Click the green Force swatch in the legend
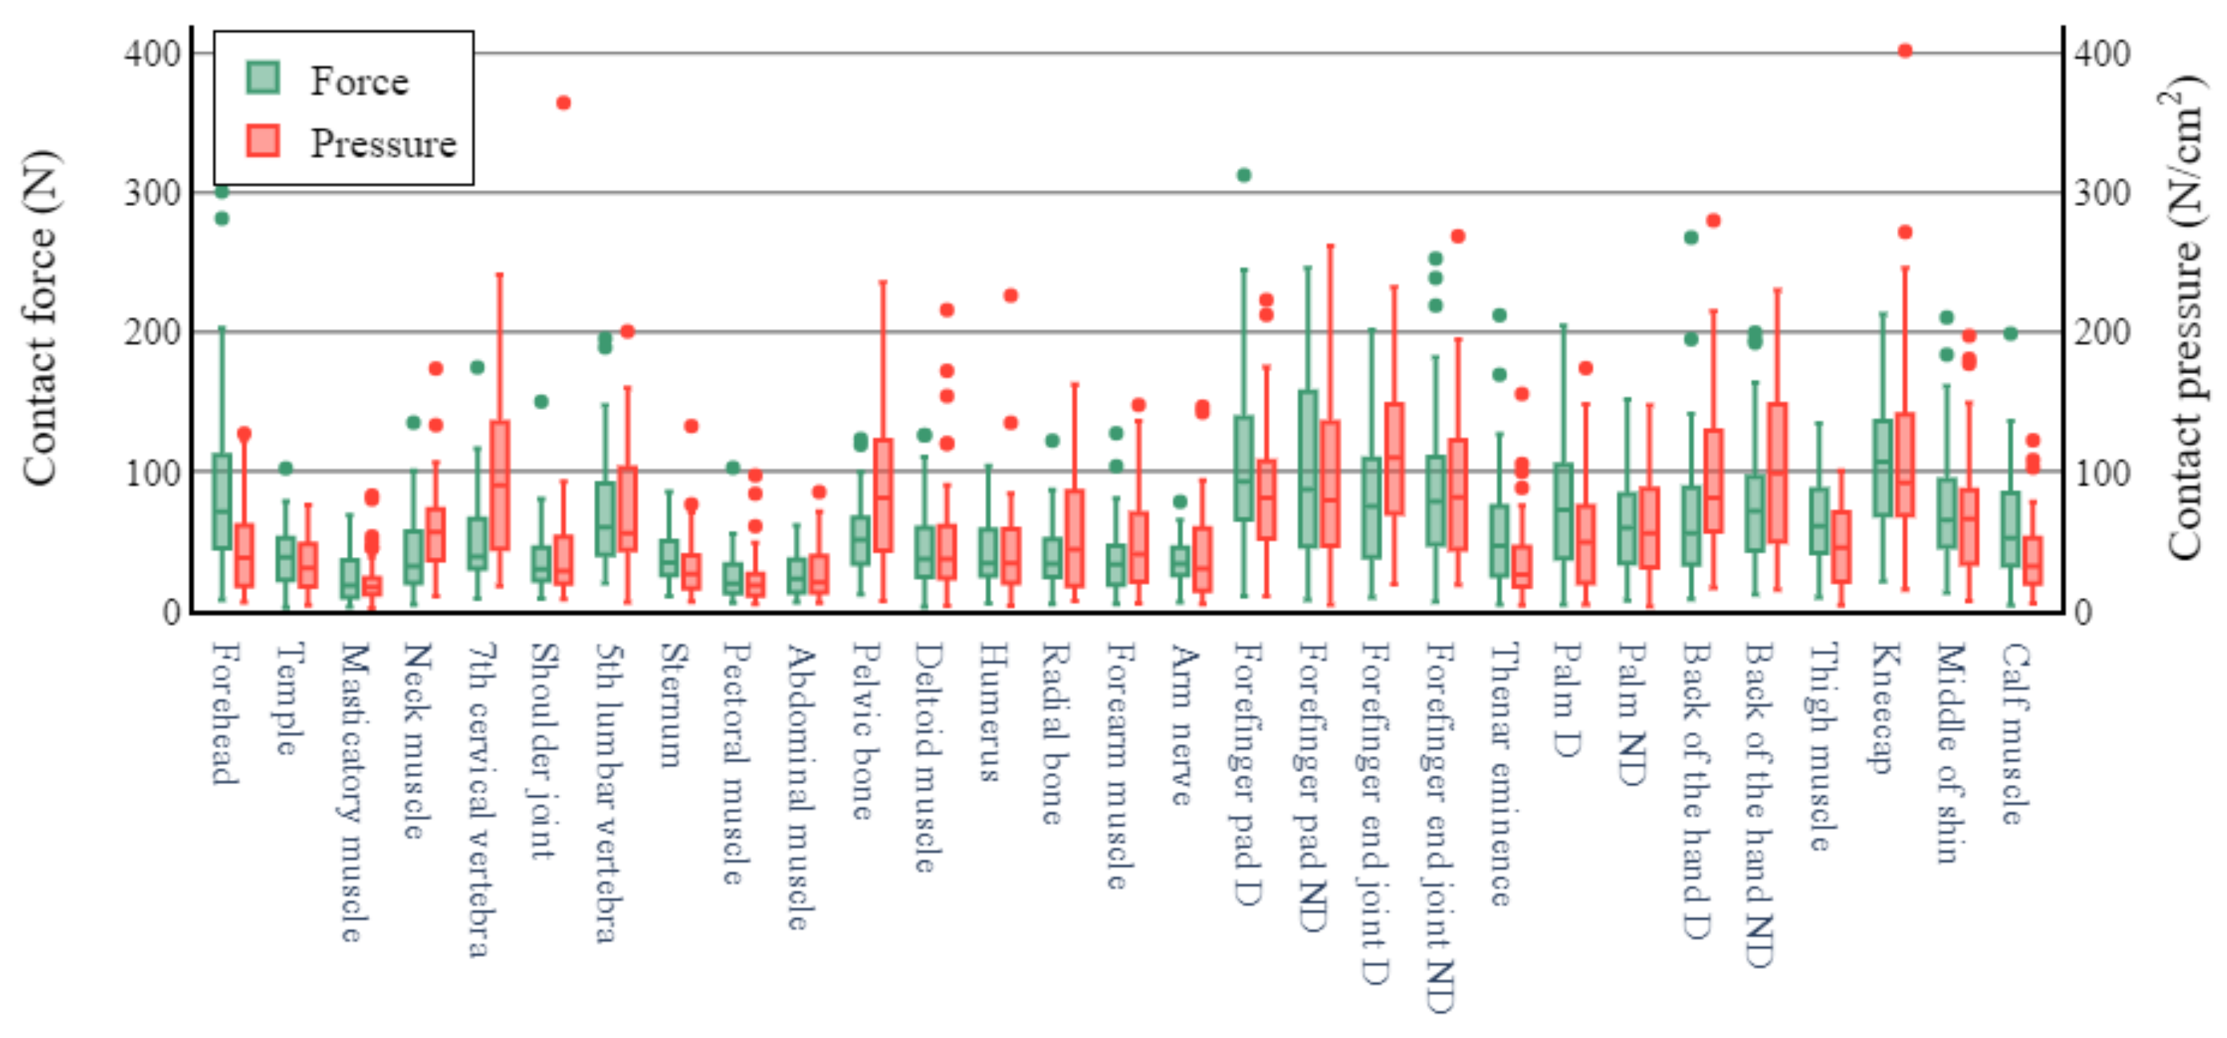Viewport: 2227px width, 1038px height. (x=263, y=78)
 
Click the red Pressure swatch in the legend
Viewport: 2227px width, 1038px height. (x=263, y=141)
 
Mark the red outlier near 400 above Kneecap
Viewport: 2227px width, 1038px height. (x=1905, y=51)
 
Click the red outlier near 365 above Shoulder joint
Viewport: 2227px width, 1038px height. (x=564, y=103)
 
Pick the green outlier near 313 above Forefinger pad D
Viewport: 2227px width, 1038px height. (x=1244, y=175)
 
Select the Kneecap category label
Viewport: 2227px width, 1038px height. (x=1884, y=708)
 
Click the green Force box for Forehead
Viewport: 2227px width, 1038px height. (x=222, y=501)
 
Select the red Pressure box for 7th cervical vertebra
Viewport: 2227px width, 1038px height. (x=500, y=485)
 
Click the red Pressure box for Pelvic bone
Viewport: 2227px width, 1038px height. (x=882, y=495)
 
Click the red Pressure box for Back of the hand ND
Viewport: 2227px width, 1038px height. (x=1777, y=473)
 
